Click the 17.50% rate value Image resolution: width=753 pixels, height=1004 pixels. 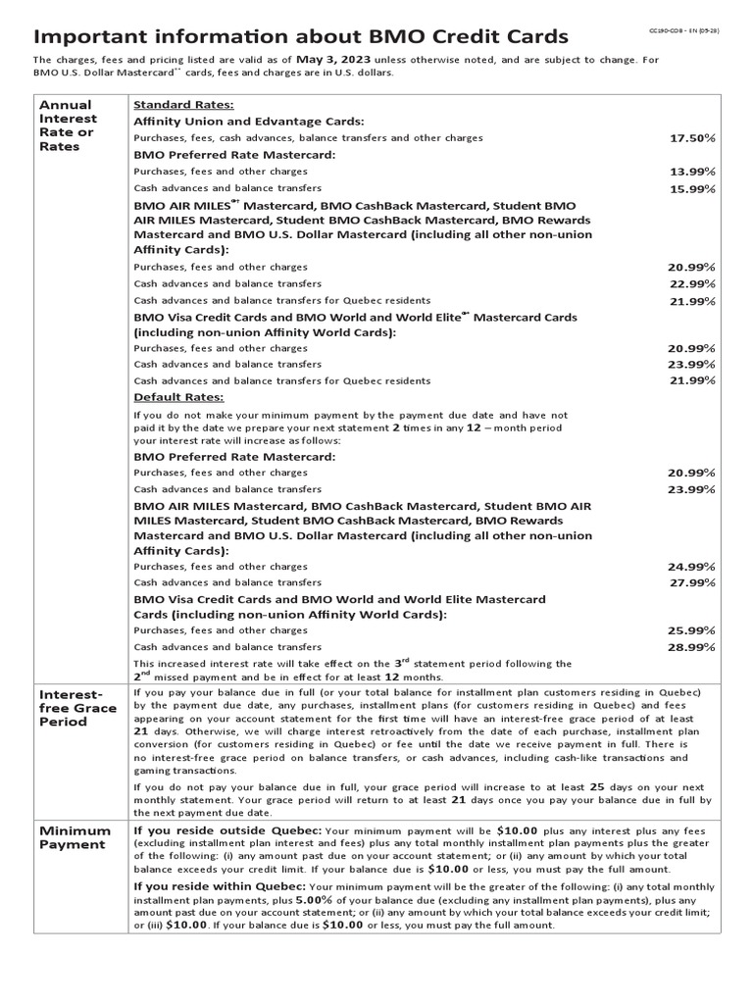coord(693,138)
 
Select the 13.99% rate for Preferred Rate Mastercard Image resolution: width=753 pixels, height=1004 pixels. coord(692,172)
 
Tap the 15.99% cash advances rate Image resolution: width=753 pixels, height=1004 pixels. coord(692,188)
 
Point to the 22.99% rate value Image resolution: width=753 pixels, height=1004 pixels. coord(692,283)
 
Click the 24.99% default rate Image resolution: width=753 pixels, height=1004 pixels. coord(692,567)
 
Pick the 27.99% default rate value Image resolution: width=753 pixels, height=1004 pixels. coord(692,583)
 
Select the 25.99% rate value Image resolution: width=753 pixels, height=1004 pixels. coord(692,630)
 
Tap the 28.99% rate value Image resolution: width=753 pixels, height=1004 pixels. coord(692,647)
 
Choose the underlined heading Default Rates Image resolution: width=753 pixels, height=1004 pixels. coord(178,397)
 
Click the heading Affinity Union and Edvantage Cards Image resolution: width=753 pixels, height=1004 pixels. coord(249,122)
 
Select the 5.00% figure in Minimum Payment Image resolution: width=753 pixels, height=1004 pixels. coord(317,899)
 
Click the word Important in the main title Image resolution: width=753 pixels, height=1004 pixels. coord(90,36)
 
